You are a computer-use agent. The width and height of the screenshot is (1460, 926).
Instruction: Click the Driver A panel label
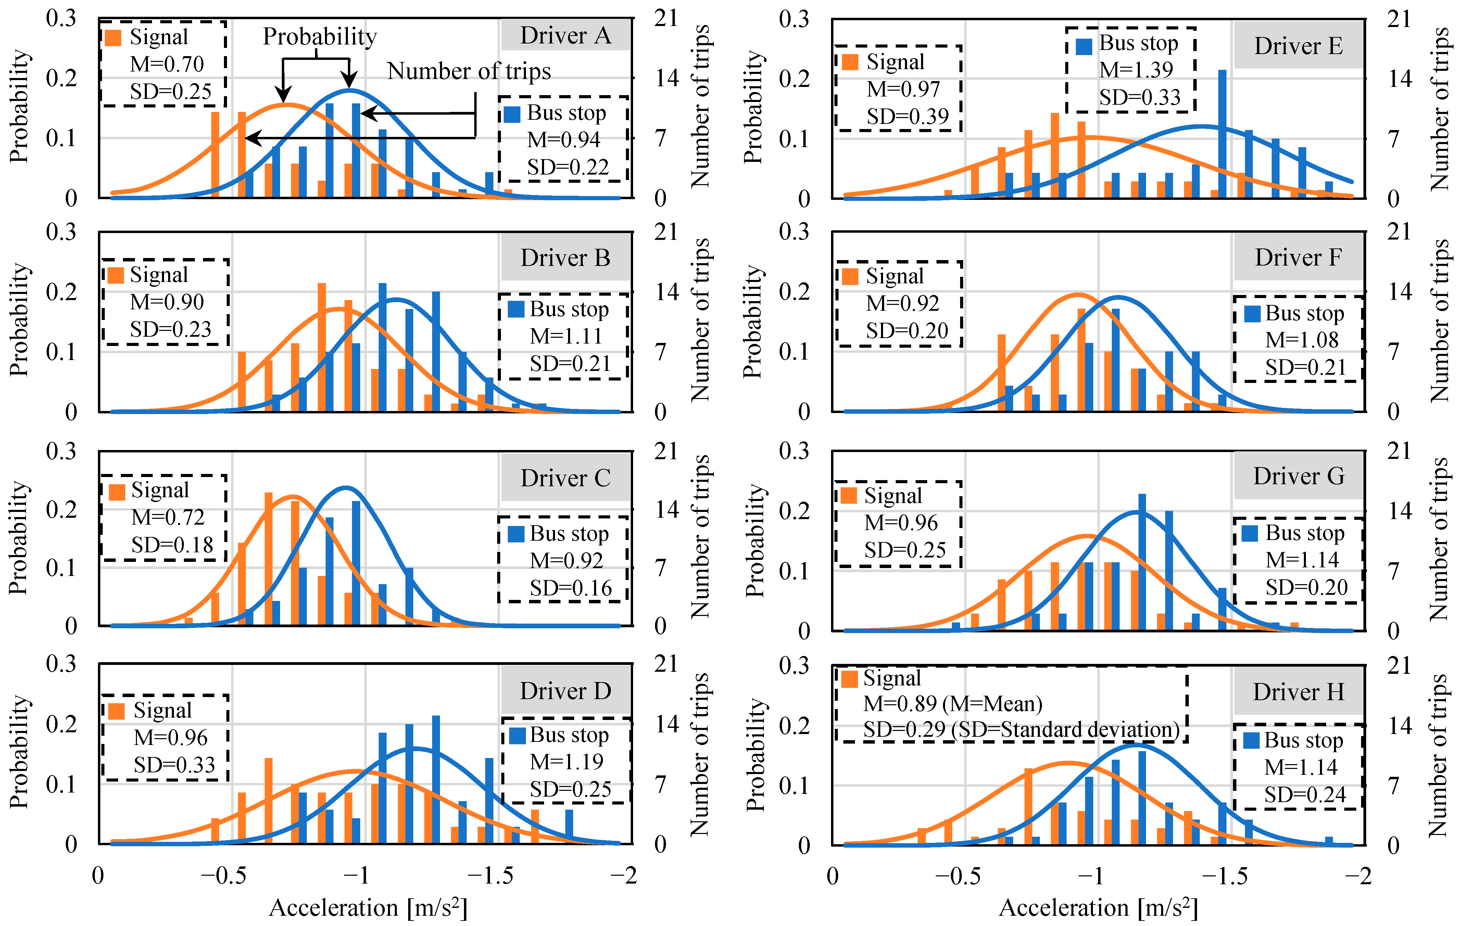click(x=565, y=35)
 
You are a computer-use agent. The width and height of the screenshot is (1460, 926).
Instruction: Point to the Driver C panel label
click(x=565, y=478)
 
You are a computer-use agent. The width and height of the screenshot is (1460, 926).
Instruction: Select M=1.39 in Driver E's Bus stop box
click(x=1136, y=70)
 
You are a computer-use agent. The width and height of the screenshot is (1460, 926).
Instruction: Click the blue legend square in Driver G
click(x=1250, y=533)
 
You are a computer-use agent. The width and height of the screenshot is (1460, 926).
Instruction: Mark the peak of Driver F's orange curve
click(x=1078, y=295)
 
